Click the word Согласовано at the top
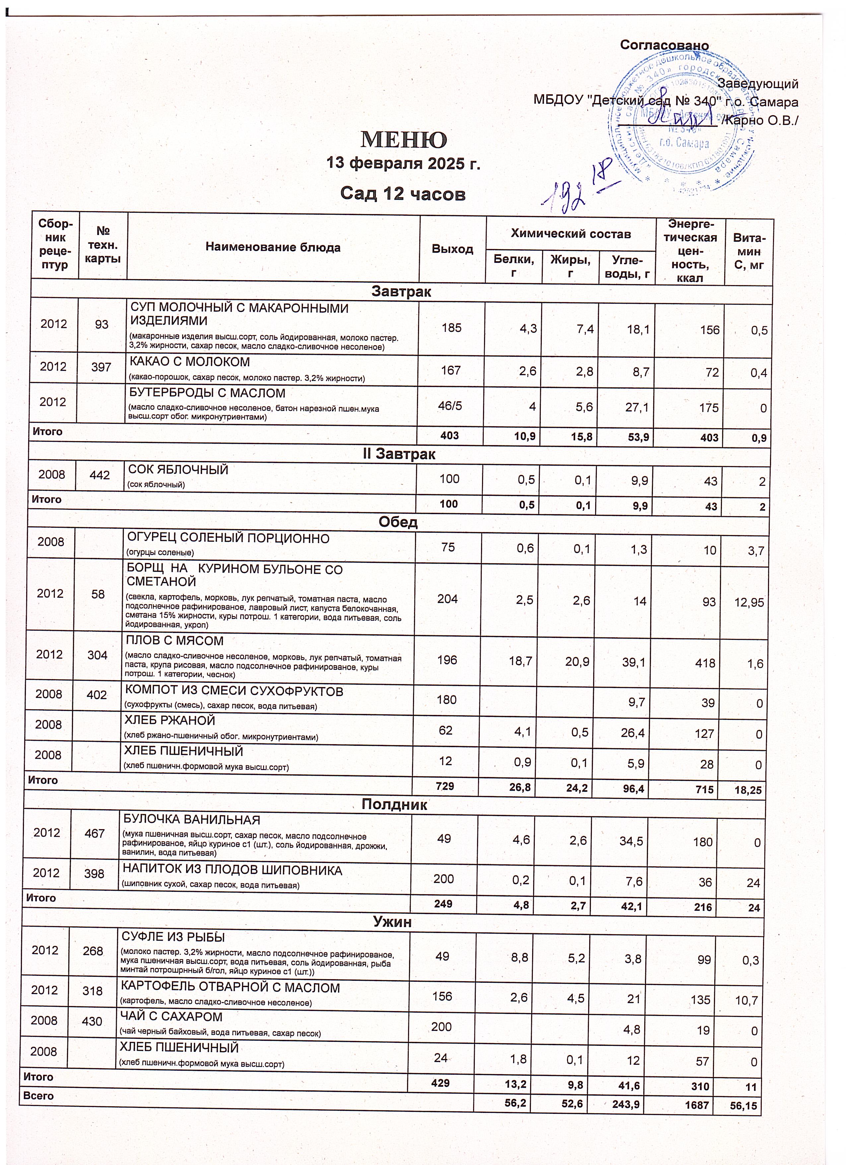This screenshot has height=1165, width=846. pyautogui.click(x=664, y=45)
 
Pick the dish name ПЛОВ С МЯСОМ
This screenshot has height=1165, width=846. pyautogui.click(x=175, y=641)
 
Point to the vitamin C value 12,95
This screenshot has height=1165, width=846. pyautogui.click(x=749, y=602)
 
